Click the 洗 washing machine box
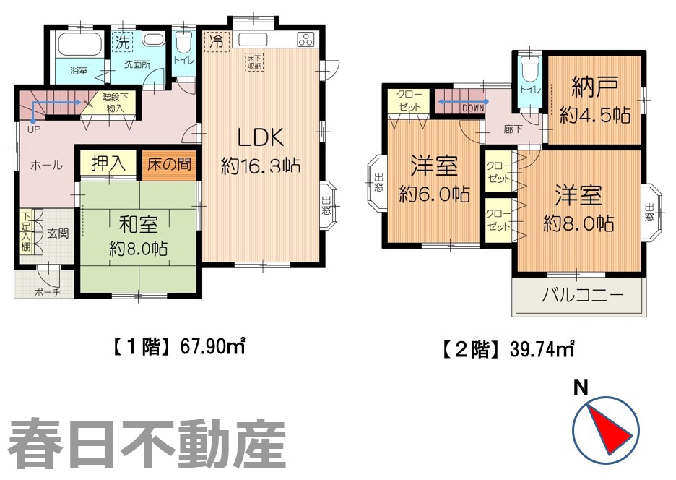[123, 42]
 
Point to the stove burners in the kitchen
[304, 40]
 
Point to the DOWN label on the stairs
[472, 108]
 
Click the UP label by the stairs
[33, 130]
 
